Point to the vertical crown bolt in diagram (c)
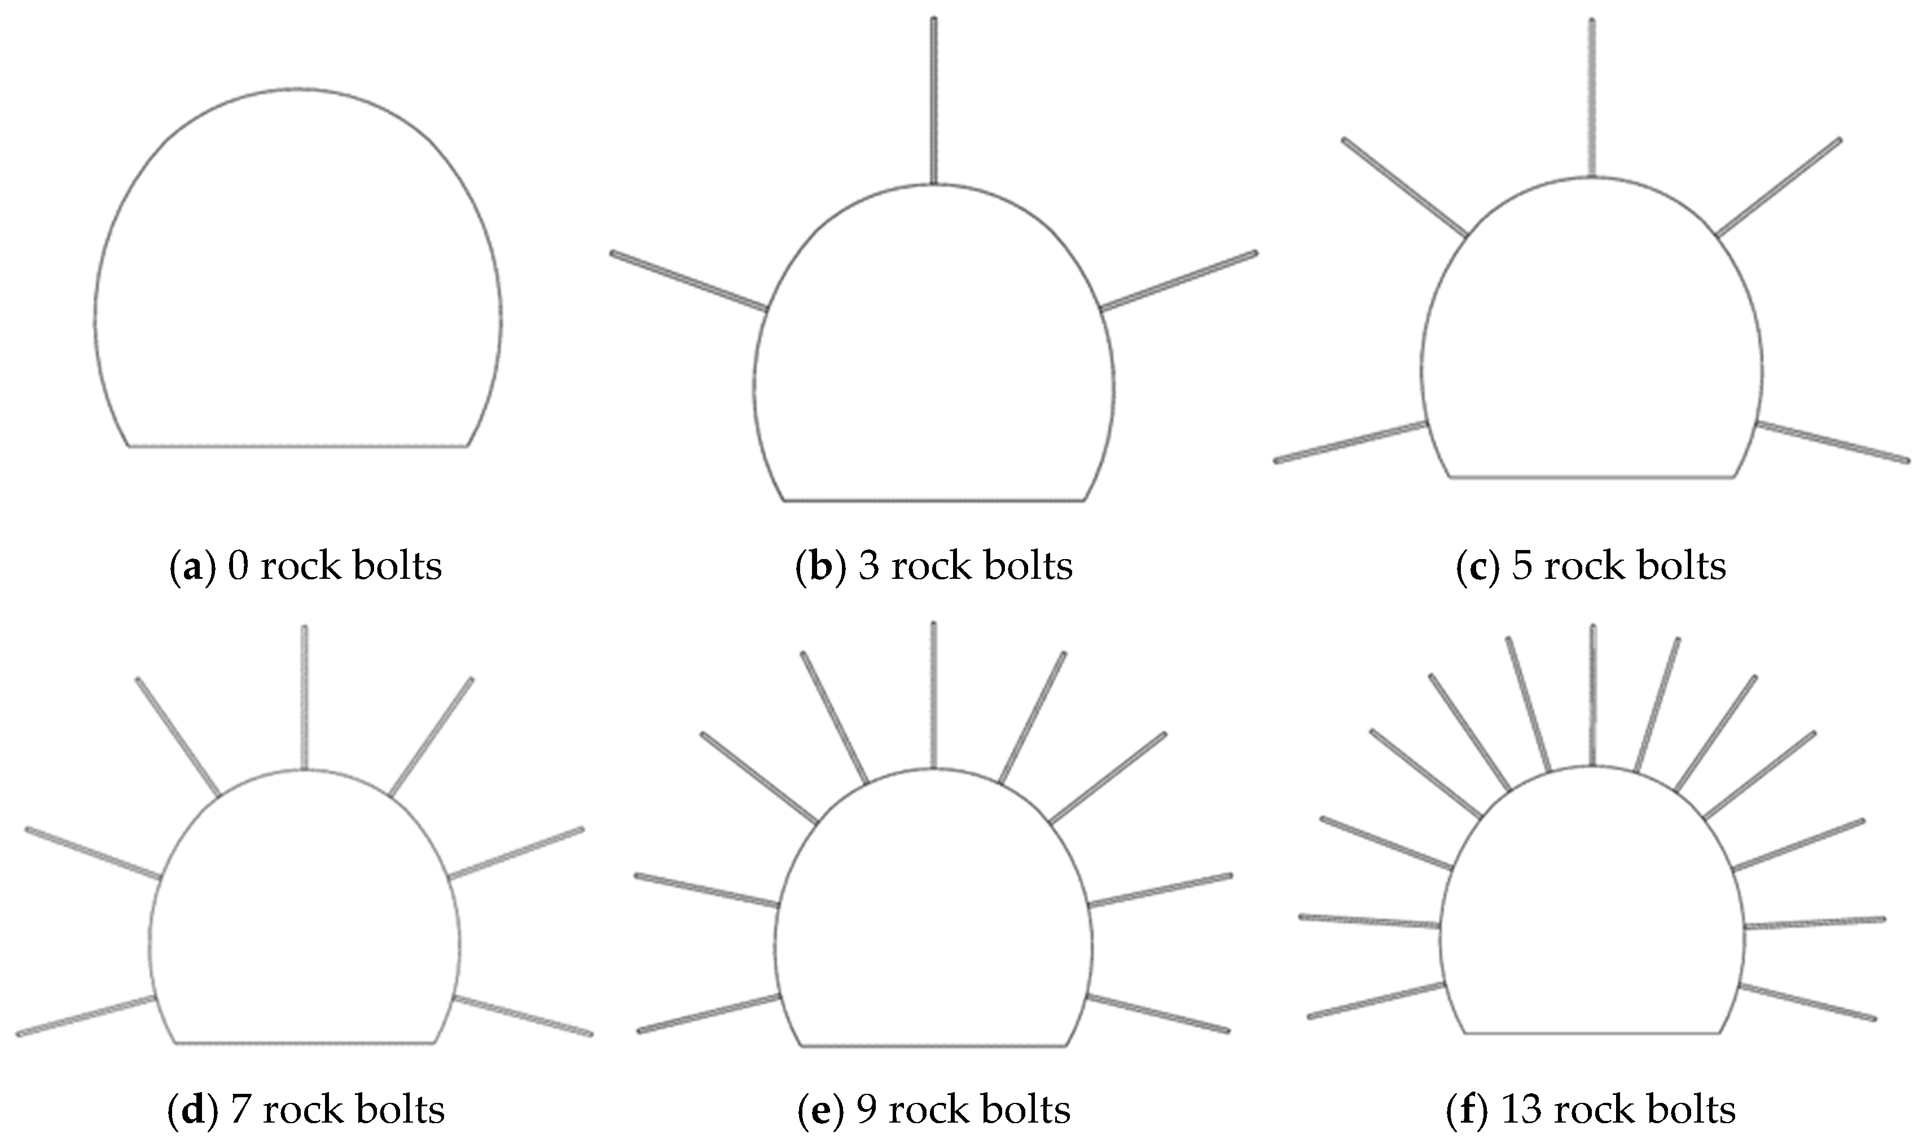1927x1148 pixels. tap(1592, 98)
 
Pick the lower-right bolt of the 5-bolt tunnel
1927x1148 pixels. tap(1833, 442)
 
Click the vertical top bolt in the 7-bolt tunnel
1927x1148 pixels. tap(304, 698)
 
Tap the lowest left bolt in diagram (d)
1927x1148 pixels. tap(86, 1015)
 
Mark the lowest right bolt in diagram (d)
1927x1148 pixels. tap(523, 1015)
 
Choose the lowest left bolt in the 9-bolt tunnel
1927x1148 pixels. tap(709, 1013)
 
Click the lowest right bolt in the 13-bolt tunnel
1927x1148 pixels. tap(1807, 1002)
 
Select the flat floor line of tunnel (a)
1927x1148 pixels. tap(298, 446)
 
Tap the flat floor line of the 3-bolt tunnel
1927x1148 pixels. tap(934, 500)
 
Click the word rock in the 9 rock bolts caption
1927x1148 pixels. tap(920, 1110)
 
